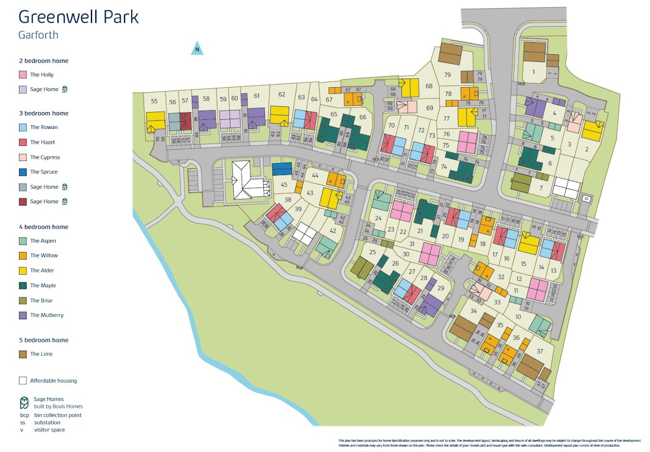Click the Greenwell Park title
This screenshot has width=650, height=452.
(x=79, y=17)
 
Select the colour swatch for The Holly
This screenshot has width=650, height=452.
(x=23, y=75)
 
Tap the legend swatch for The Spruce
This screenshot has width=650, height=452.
(x=23, y=172)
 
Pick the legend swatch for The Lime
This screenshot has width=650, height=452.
(x=23, y=354)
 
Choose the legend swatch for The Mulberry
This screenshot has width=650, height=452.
(x=23, y=315)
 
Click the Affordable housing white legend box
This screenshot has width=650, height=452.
(x=23, y=380)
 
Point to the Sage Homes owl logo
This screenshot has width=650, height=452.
(x=24, y=403)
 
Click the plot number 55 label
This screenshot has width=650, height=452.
(x=154, y=101)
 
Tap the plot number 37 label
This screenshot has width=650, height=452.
(x=539, y=351)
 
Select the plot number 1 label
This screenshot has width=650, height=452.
(x=534, y=72)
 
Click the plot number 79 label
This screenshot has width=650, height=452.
(x=447, y=75)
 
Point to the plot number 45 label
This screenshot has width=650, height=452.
(x=284, y=185)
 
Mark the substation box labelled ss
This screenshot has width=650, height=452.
(x=585, y=199)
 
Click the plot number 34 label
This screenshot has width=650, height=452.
(x=473, y=311)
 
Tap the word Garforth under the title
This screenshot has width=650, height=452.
(x=38, y=35)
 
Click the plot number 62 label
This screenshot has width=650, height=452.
(x=282, y=95)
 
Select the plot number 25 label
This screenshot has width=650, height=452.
(x=372, y=252)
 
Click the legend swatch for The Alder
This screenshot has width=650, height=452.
(x=23, y=270)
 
